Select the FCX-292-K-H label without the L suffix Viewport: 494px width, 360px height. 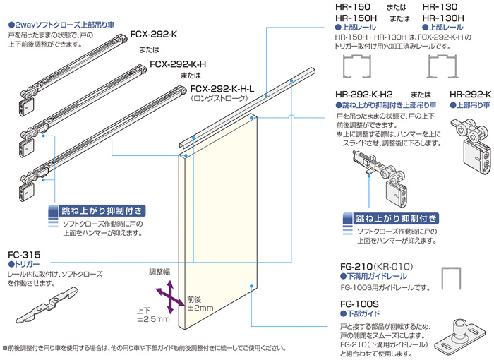(178, 64)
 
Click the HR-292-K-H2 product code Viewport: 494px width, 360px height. (364, 93)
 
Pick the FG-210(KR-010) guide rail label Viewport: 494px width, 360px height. (375, 266)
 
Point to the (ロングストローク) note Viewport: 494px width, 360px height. (221, 100)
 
